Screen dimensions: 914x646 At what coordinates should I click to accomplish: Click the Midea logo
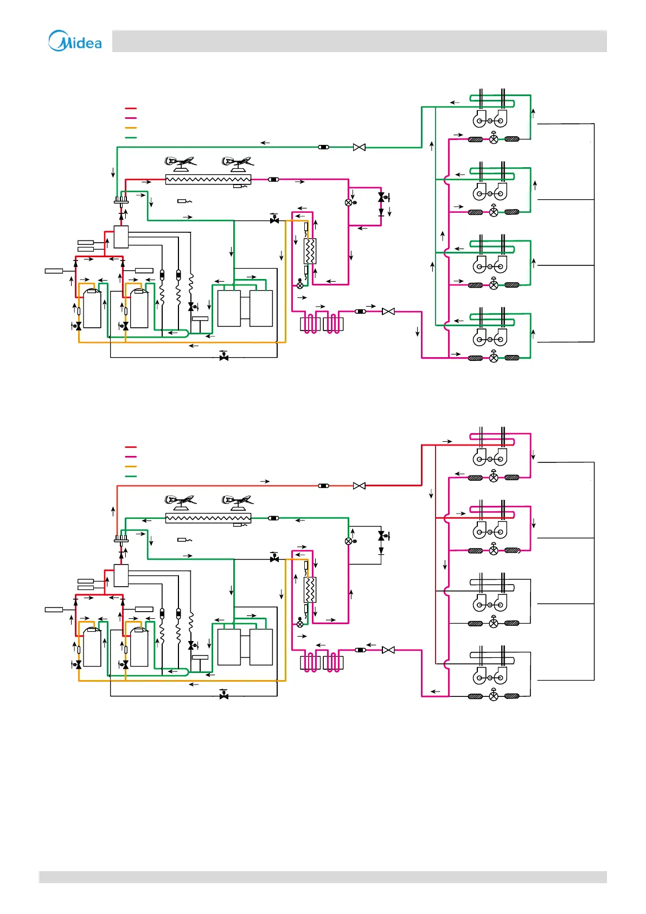tap(75, 41)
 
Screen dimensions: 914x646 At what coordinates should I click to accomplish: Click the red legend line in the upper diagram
tap(131, 109)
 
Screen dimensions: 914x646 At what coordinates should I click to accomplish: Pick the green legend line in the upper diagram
tap(131, 138)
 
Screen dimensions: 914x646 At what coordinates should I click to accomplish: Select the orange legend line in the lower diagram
tap(131, 467)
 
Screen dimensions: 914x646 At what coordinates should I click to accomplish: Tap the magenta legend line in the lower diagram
tap(131, 457)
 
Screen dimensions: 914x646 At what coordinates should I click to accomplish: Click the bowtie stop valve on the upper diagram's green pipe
tap(359, 147)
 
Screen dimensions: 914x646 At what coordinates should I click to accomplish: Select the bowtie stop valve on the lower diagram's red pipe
tap(359, 486)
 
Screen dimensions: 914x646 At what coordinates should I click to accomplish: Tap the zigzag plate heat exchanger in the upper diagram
tap(310, 251)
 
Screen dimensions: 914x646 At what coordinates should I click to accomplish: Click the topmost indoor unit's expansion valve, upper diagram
tap(494, 139)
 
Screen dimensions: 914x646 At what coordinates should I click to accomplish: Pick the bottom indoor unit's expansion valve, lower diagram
tap(494, 696)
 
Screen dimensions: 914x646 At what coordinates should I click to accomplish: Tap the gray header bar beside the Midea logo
tap(359, 41)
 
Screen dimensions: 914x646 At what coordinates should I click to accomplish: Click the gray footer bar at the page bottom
tap(323, 877)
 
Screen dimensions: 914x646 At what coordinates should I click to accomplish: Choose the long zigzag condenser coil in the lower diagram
tap(208, 518)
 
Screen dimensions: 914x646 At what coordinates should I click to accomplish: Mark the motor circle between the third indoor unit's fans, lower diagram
tap(490, 604)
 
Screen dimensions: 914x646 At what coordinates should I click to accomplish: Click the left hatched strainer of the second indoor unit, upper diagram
tap(475, 212)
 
